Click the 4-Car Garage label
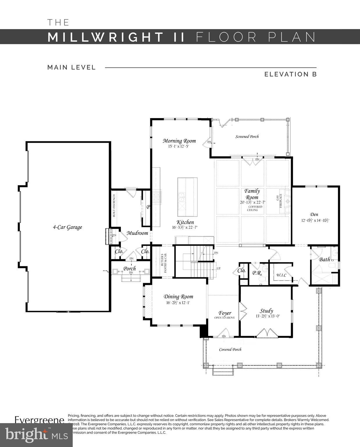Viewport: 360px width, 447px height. click(x=67, y=227)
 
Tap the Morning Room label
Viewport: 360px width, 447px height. click(x=179, y=141)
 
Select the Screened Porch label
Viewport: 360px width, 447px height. click(x=247, y=136)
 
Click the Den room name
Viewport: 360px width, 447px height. click(x=314, y=214)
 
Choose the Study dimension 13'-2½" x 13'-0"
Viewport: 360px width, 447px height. click(x=268, y=316)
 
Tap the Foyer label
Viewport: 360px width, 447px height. click(x=225, y=313)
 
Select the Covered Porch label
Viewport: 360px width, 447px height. click(x=230, y=350)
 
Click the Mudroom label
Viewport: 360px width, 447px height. click(x=137, y=233)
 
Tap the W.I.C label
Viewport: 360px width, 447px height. click(x=281, y=275)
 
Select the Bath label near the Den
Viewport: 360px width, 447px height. click(x=325, y=259)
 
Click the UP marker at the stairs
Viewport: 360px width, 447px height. click(x=218, y=268)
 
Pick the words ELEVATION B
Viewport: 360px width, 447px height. click(x=290, y=74)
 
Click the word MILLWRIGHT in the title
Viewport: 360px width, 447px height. click(x=105, y=37)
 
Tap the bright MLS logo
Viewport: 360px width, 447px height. click(x=36, y=435)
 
